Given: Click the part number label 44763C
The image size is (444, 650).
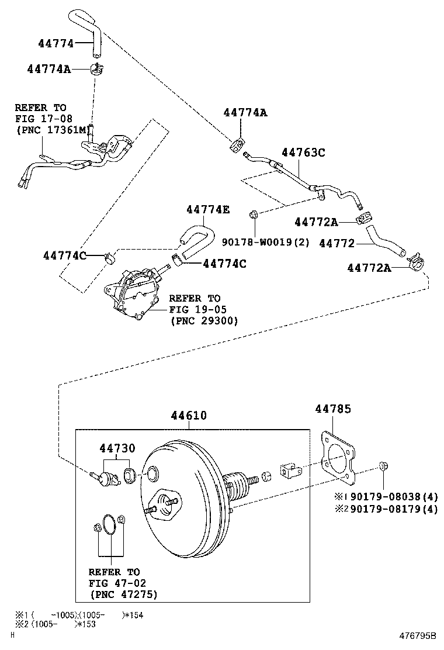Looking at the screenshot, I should (x=303, y=153).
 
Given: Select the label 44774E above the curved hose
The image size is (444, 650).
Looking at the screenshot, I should (x=208, y=209).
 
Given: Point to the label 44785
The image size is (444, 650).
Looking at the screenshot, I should (x=333, y=409).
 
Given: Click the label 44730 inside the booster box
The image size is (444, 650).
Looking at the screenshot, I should (x=117, y=448).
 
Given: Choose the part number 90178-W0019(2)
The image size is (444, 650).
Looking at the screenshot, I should (x=265, y=241).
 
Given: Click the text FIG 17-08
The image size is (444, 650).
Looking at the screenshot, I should (x=40, y=119).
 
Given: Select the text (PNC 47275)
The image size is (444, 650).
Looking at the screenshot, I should (x=123, y=594).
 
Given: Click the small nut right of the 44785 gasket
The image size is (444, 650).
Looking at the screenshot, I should (x=384, y=466).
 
